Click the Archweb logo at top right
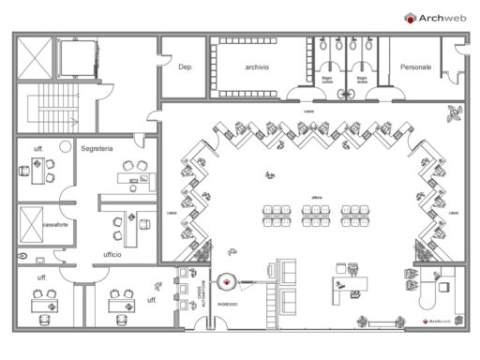437,17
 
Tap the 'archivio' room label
257,67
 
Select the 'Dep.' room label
185,67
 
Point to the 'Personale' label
415,67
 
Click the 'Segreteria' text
97,148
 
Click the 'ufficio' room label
113,254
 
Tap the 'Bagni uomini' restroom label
327,81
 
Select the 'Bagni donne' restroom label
361,81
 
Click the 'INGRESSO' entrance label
228,304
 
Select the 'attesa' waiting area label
317,196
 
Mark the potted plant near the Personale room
456,112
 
